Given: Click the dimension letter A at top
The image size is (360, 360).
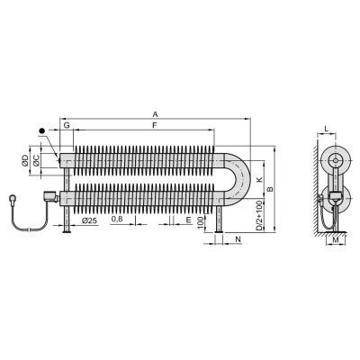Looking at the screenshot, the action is [155, 114].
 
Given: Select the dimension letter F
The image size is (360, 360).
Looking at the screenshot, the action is [155, 126].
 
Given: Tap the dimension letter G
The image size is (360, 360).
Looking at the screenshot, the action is [67, 125].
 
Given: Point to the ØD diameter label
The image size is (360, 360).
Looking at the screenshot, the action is [25, 160].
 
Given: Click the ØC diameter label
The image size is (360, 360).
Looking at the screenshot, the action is [37, 160].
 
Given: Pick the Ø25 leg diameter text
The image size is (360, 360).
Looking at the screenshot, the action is [89, 220].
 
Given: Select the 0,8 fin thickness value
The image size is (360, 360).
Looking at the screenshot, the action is [117, 220].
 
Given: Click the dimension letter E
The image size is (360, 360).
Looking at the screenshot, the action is [188, 220].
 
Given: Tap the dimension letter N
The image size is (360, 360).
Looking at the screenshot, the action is [238, 239].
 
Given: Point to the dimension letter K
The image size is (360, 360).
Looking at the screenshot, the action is [260, 180].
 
